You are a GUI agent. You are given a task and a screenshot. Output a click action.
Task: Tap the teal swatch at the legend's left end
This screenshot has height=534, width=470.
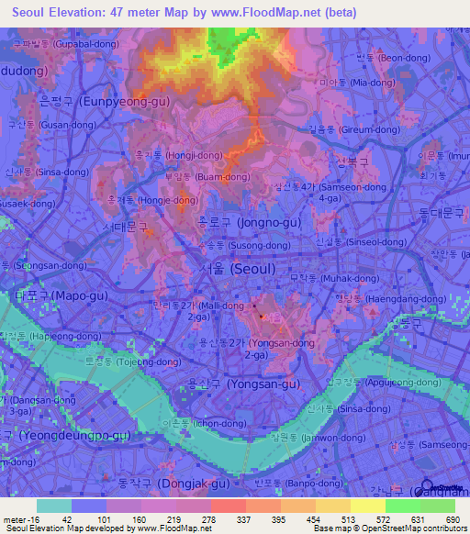click(x=54, y=506)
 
